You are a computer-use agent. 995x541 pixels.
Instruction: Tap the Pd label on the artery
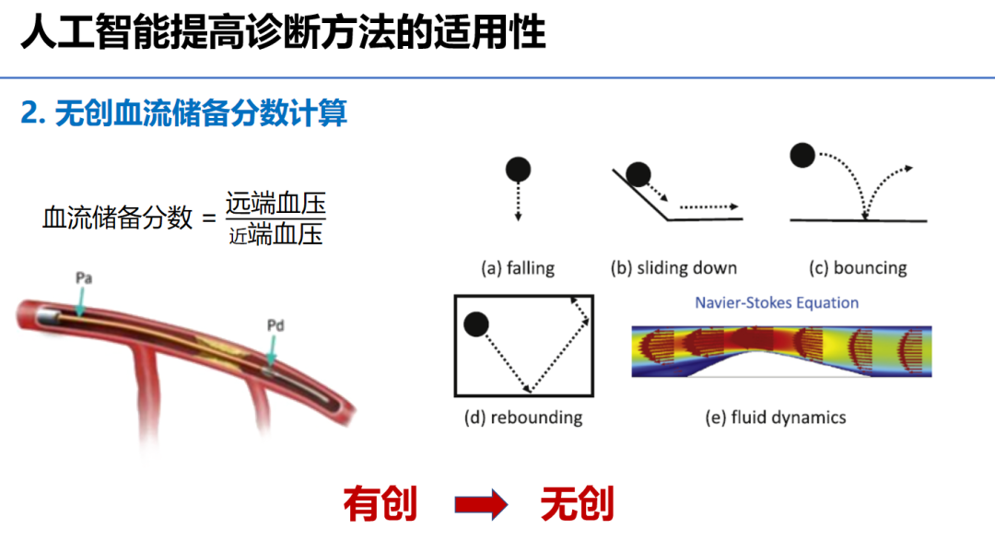274,324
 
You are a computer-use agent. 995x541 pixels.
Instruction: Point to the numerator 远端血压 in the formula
275,202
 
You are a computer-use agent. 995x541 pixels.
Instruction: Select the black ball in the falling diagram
518,170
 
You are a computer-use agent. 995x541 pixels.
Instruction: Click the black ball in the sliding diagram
638,173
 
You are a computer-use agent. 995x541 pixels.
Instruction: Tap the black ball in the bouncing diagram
802,155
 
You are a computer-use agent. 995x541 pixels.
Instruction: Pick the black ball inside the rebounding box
476,323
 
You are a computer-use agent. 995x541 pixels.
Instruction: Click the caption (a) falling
518,268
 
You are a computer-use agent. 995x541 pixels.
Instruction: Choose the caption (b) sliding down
673,268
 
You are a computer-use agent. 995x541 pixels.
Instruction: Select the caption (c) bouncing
858,268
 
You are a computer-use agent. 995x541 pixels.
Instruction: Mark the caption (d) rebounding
523,418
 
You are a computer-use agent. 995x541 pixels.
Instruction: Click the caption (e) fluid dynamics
776,418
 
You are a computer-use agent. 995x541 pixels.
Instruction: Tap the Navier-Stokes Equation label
777,303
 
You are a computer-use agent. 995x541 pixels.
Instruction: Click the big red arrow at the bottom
480,504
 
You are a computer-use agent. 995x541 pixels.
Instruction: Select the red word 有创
380,504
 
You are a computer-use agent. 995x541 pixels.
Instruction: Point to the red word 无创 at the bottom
578,504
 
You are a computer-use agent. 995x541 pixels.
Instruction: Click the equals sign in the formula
207,218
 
